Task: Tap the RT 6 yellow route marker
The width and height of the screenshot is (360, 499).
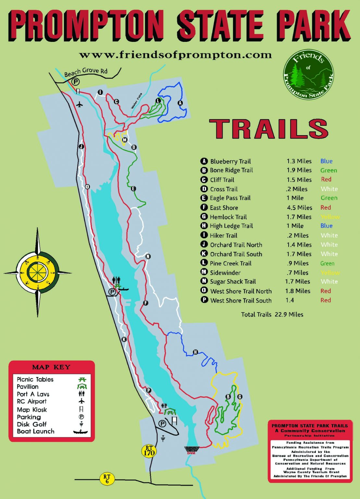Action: (107, 479)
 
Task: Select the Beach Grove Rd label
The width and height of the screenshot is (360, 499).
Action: (86, 72)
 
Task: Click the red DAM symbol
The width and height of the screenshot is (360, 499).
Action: (191, 450)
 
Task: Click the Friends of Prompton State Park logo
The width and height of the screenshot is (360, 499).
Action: (308, 74)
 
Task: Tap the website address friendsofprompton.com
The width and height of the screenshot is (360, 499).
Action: (175, 55)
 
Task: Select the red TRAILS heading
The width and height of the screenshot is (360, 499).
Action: (269, 129)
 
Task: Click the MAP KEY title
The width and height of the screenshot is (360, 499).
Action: (51, 367)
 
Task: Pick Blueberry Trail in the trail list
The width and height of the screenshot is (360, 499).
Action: (230, 161)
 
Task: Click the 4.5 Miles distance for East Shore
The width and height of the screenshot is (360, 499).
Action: (299, 208)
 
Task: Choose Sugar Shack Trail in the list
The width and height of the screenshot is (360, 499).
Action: (233, 282)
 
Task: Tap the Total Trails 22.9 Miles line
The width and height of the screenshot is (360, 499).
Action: (272, 314)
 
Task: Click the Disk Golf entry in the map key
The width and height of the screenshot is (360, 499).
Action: (32, 424)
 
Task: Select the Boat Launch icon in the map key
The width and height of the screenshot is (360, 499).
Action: (81, 432)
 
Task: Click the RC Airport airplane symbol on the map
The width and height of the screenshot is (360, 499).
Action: (80, 104)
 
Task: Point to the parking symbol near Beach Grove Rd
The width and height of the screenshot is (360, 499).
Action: (76, 82)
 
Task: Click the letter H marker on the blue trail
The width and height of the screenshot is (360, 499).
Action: (195, 352)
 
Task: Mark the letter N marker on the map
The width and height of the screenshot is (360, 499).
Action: (148, 256)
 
